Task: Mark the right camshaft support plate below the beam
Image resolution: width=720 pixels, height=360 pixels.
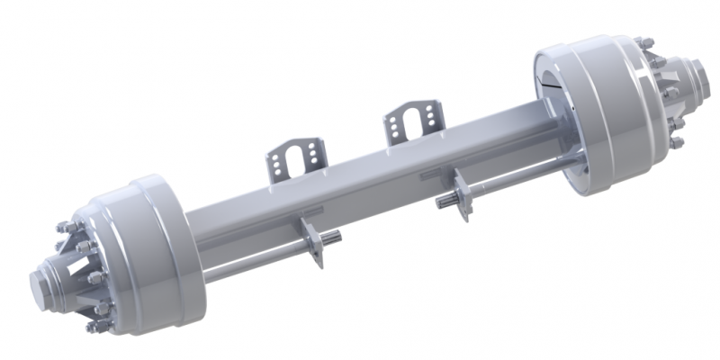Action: click(x=463, y=196)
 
